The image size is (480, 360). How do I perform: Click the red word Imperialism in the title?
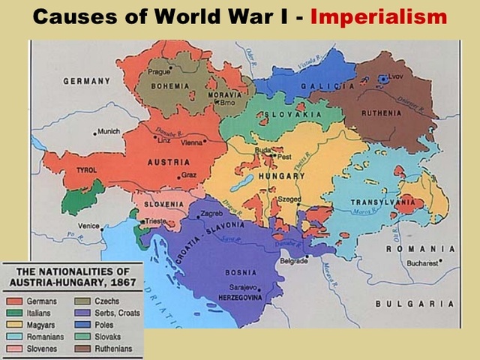coord(378,16)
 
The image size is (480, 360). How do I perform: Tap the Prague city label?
coord(159,72)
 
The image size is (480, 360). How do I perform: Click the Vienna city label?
coord(193,142)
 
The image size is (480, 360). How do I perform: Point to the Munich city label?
coord(108,131)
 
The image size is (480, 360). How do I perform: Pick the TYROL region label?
coord(87,170)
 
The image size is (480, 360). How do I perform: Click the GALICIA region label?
coord(328,87)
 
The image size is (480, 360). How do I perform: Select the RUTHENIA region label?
coord(382,113)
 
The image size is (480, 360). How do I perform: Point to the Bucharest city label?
coord(424,263)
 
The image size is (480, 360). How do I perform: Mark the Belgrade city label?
coord(294,260)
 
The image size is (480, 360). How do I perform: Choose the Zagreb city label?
coord(212,214)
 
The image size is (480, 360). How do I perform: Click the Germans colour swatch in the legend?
coord(14,301)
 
